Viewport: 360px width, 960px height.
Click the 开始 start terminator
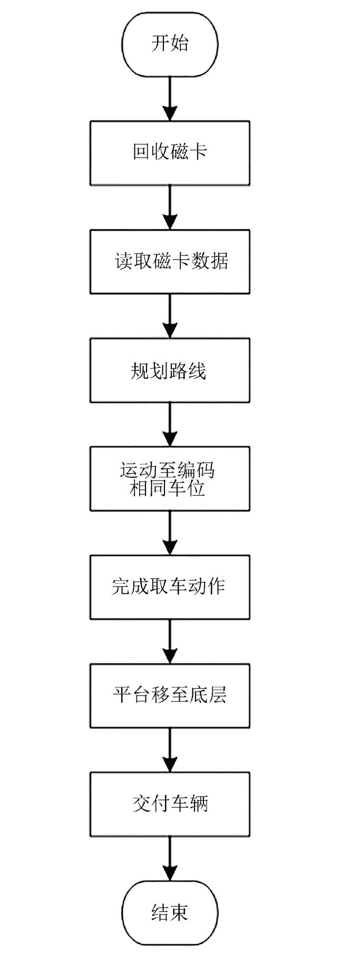[170, 43]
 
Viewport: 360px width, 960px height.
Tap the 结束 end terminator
[170, 913]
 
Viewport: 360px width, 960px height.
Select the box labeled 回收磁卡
[170, 153]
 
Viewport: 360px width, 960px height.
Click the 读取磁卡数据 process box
[170, 261]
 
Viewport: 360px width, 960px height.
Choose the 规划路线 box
[170, 370]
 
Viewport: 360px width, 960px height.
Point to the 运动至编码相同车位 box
[170, 479]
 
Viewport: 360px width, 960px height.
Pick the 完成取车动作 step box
[170, 587]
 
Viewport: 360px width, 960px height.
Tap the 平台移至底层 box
[170, 695]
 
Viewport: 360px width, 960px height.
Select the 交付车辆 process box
[170, 804]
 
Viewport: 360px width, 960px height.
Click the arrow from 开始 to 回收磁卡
[170, 98]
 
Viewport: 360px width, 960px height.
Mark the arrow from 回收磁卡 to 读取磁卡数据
[170, 207]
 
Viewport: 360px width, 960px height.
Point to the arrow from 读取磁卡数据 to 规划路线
[170, 315]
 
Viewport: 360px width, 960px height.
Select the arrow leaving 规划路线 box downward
[170, 424]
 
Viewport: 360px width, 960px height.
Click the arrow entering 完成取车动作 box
[170, 532]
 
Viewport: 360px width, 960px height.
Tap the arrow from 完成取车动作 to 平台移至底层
[170, 641]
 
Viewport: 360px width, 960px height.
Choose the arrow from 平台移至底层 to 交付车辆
[170, 749]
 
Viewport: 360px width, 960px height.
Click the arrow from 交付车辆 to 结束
[170, 858]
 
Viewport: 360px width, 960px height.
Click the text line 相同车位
[168, 488]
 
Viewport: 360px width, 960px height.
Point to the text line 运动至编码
[168, 469]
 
